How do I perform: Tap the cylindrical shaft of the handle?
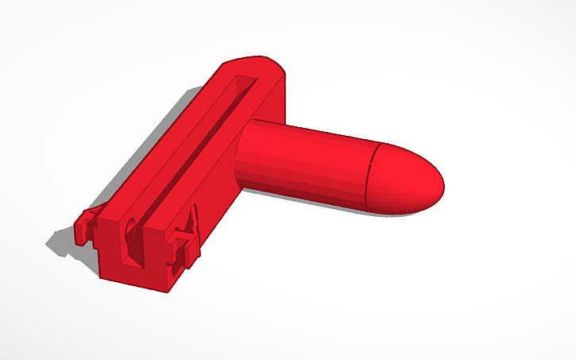coord(310,159)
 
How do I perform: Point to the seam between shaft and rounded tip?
coord(367,176)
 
